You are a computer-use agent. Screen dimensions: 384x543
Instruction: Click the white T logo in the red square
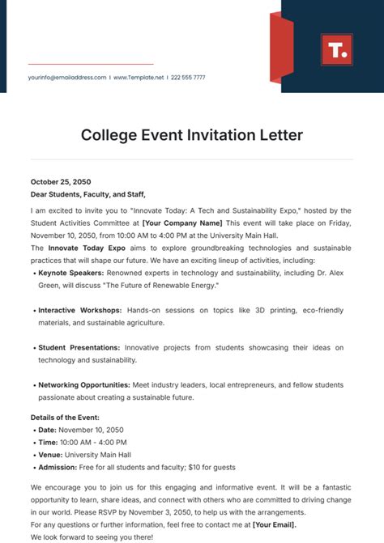335,50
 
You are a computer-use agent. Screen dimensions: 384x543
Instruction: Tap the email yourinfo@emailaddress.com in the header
67,78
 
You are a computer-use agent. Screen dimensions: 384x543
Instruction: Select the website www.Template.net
139,78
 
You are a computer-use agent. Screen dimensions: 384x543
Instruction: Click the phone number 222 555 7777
188,78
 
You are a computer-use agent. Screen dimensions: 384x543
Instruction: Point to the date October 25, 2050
62,182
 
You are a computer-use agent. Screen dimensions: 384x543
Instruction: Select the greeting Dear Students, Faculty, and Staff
88,194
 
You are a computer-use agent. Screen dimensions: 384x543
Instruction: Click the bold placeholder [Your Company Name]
182,223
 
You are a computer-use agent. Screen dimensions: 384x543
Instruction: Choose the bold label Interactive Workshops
79,310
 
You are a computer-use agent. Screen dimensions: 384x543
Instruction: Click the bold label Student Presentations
79,347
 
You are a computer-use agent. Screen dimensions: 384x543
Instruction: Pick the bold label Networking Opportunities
83,384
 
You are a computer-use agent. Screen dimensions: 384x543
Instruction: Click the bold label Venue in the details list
50,455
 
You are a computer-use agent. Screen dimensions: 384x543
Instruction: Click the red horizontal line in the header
91,64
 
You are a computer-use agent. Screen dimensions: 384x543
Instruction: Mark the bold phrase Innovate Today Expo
86,247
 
